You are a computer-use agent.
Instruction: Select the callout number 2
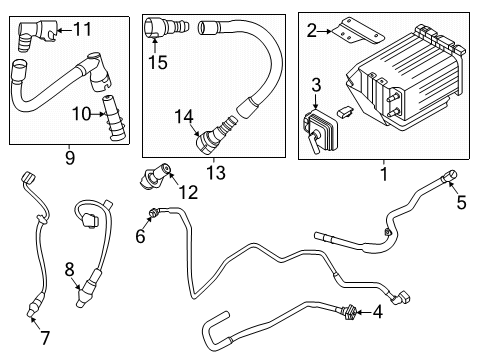312,32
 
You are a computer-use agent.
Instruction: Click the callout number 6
140,236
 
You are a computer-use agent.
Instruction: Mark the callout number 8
70,268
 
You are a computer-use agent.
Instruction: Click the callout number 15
155,64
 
